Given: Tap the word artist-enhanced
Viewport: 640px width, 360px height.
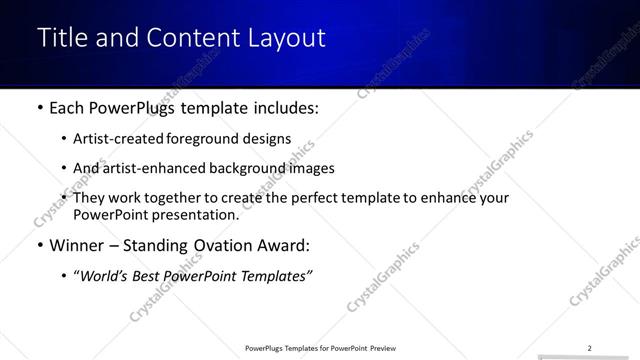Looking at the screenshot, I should [x=151, y=168].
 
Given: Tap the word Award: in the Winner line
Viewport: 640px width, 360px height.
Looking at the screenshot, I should [x=286, y=245].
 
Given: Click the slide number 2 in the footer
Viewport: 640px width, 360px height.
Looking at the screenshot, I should [x=590, y=348].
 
